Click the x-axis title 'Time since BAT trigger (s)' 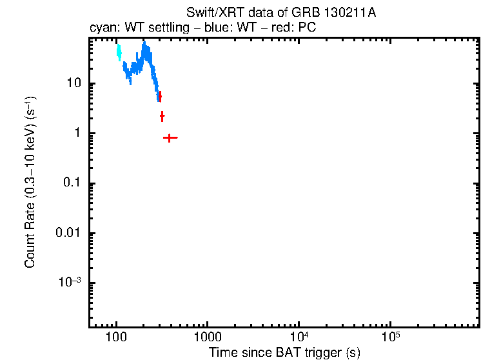[x=284, y=352]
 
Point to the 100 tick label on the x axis [x=116, y=337]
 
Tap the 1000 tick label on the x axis [x=208, y=337]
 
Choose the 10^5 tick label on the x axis [x=390, y=336]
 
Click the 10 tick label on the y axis [x=74, y=83]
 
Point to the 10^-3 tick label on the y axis [x=70, y=283]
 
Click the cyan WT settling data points [x=119, y=52]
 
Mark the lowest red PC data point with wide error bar [x=170, y=137]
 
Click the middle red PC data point [x=162, y=116]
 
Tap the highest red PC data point [x=160, y=96]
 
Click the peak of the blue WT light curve [x=144, y=45]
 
